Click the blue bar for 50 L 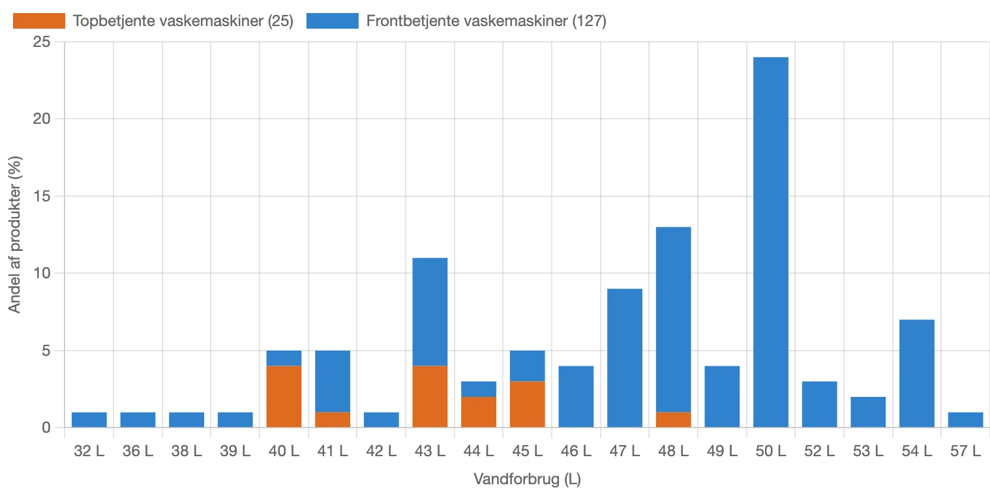pos(770,242)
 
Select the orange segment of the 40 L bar pos(284,396)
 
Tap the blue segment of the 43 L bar pos(430,312)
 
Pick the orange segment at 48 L pos(673,420)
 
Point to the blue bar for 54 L pos(916,373)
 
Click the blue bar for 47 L pos(624,358)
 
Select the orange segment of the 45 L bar pos(527,404)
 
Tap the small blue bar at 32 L pos(89,420)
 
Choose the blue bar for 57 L pos(965,420)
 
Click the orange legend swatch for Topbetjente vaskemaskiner pos(39,21)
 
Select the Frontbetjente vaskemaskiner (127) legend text pos(486,21)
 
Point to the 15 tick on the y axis pos(45,196)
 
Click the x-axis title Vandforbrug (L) pos(527,480)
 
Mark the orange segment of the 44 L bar pos(479,412)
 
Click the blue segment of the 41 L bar pos(333,381)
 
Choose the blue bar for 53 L pos(868,412)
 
